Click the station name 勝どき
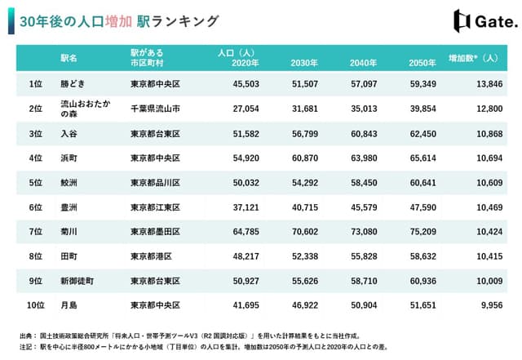(75, 83)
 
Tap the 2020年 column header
(246, 64)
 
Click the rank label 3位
(35, 132)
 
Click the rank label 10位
(35, 305)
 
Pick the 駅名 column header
(69, 58)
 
